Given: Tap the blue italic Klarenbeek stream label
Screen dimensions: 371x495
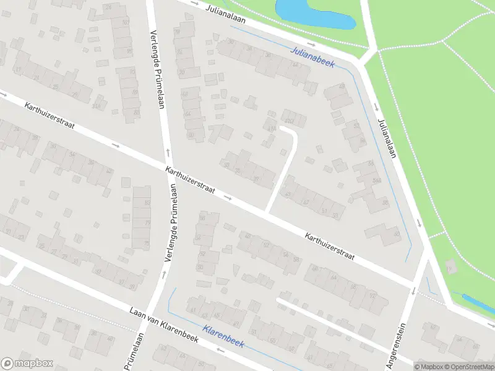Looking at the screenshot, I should (x=223, y=336).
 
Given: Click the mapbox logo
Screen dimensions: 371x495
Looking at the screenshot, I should (x=27, y=364).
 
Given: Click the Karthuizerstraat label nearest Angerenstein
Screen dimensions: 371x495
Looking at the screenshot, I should (x=329, y=246).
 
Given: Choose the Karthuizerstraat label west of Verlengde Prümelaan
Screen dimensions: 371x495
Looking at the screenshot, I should (x=49, y=116).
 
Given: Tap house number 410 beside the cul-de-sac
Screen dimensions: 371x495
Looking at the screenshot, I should (x=289, y=114).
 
